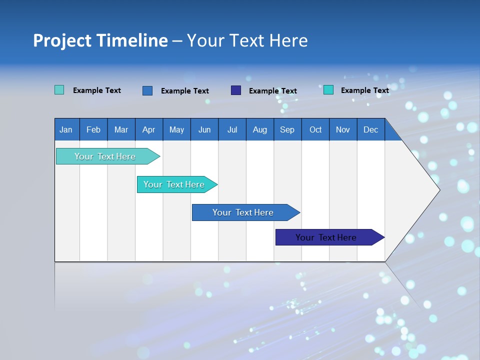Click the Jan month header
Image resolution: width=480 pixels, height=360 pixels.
pyautogui.click(x=66, y=129)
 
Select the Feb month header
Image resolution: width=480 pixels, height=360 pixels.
pyautogui.click(x=93, y=129)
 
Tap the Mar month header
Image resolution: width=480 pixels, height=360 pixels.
pyautogui.click(x=121, y=129)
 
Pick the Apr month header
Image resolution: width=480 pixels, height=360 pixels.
pyautogui.click(x=149, y=129)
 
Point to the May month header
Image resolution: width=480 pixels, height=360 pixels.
pyautogui.click(x=176, y=129)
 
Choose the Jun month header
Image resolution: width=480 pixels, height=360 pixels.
pyautogui.click(x=204, y=129)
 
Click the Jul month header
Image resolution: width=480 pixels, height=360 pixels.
pyautogui.click(x=232, y=129)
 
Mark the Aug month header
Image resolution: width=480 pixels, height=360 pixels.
pyautogui.click(x=260, y=129)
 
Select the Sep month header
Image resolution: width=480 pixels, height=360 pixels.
pyautogui.click(x=287, y=129)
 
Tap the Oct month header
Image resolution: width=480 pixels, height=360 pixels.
pyautogui.click(x=315, y=129)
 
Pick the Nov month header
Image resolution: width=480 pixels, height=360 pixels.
pyautogui.click(x=343, y=129)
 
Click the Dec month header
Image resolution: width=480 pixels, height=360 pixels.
pyautogui.click(x=371, y=129)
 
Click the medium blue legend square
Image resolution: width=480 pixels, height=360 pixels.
pyautogui.click(x=147, y=90)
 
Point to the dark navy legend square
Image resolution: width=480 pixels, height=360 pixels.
pyautogui.click(x=236, y=90)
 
